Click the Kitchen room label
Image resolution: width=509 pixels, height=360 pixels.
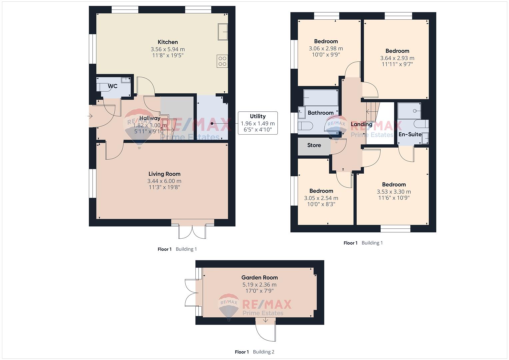click(168, 42)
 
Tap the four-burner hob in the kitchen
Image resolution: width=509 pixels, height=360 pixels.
click(222, 61)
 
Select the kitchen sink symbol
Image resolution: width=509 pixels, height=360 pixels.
click(223, 32)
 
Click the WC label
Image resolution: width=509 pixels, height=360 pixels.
click(113, 86)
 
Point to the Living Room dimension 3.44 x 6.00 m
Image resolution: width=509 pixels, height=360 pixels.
click(164, 181)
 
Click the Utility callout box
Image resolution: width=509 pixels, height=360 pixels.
click(258, 123)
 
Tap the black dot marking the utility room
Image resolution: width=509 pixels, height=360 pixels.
click(212, 123)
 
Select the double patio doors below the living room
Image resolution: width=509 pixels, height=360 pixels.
click(192, 229)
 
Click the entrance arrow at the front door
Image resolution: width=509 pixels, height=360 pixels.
click(90, 116)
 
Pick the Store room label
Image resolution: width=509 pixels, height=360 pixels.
click(314, 145)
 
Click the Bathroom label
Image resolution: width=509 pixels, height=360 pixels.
click(321, 113)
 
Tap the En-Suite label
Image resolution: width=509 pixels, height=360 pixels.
click(410, 134)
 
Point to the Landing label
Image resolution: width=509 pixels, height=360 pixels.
click(361, 125)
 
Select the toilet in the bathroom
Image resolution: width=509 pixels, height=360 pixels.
click(305, 126)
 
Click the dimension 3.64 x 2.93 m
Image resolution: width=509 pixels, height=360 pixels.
click(397, 58)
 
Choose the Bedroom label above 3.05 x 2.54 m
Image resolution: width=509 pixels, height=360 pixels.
click(321, 191)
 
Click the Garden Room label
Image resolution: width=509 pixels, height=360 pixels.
click(259, 277)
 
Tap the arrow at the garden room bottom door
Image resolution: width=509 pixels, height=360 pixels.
click(265, 320)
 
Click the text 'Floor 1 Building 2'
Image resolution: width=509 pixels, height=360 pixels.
click(255, 352)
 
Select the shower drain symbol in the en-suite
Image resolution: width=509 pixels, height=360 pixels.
click(415, 111)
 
